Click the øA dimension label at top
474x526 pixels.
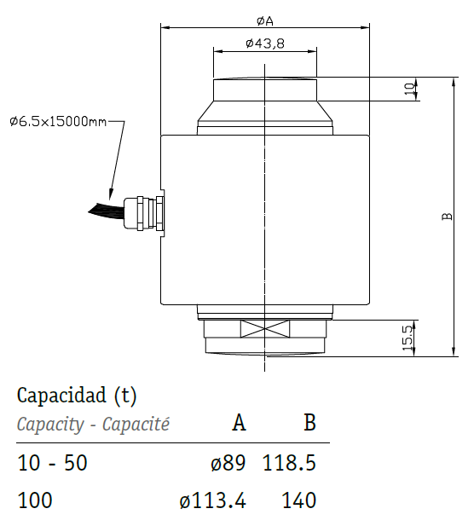265,21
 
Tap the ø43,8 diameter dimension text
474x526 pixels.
265,43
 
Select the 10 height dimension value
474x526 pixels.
409,89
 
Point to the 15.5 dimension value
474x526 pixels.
408,338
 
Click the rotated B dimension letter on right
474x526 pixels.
447,217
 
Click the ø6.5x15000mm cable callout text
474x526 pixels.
58,121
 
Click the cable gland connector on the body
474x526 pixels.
144,213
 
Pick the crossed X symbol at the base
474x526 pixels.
265,328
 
